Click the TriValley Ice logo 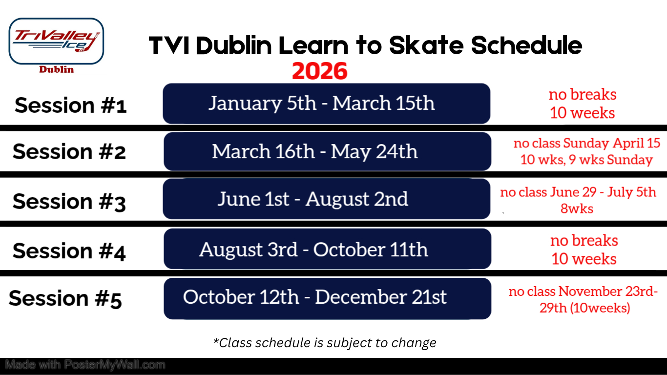tap(56, 41)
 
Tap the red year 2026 tap(319, 71)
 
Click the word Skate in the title tap(426, 45)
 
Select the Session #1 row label tap(71, 105)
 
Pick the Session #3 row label tap(69, 202)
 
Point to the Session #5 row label tap(65, 298)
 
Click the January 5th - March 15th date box tap(326, 104)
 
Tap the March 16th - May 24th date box tap(327, 151)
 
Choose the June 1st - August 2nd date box tap(326, 199)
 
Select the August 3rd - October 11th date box tap(327, 249)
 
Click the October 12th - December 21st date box tap(327, 298)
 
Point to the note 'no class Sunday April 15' tap(587, 143)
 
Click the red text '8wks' tap(577, 208)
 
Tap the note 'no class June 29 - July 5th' tap(578, 192)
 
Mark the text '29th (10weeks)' tap(585, 308)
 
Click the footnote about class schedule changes tap(325, 343)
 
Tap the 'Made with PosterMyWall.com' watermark tap(85, 365)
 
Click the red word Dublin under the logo tap(56, 69)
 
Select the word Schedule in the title tap(526, 45)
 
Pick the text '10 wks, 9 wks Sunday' tap(586, 160)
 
